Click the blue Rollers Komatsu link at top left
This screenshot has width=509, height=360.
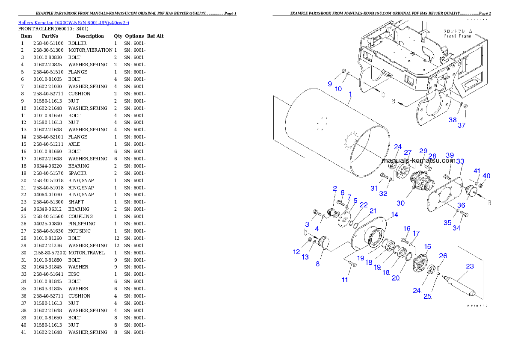73,22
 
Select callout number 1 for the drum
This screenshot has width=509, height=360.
350,94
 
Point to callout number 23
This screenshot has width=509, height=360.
470,266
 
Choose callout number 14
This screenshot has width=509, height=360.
394,214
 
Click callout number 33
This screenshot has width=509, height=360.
460,161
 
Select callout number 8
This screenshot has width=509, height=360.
317,264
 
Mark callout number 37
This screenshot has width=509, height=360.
462,125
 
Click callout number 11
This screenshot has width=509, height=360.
345,280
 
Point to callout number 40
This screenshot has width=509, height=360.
486,176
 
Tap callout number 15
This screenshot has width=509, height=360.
427,247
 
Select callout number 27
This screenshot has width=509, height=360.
408,153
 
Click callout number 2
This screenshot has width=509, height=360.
335,188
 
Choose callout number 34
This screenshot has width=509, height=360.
456,228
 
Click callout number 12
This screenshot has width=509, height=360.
296,252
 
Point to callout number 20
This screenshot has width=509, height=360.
396,277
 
